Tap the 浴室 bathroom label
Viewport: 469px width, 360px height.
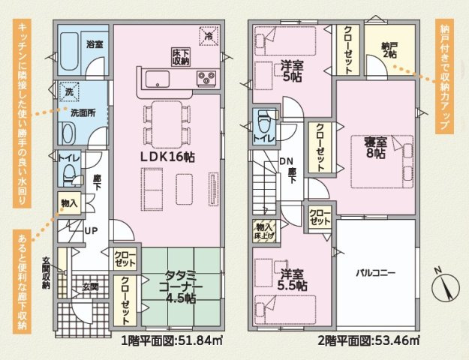coord(95,45)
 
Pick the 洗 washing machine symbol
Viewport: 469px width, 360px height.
coord(68,91)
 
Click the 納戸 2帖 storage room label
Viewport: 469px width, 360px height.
coord(389,50)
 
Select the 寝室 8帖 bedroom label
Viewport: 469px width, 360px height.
coord(375,147)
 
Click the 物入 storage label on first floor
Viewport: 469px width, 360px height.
coord(68,203)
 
